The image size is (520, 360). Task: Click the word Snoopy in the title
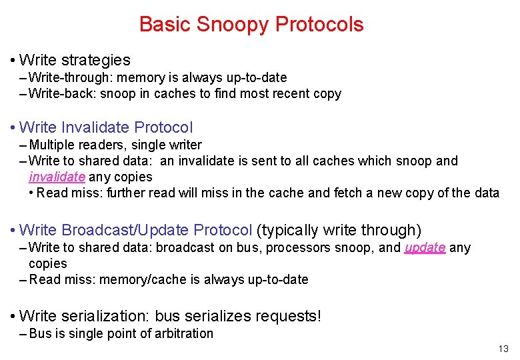click(231, 25)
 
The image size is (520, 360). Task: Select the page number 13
click(503, 349)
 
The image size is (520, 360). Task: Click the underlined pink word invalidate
click(57, 177)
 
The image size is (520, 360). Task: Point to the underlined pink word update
click(425, 248)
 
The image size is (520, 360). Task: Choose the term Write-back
click(61, 94)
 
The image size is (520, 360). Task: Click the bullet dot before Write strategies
click(13, 61)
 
